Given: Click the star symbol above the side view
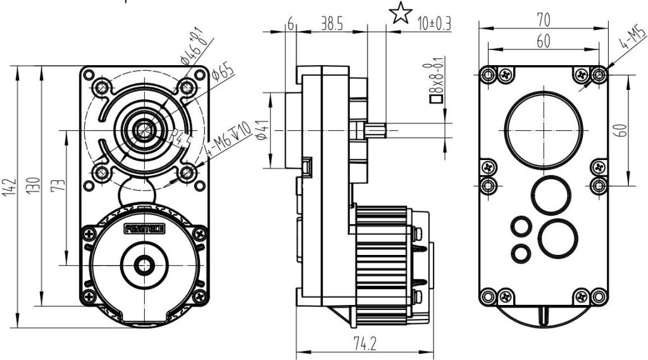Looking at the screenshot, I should coord(399,13).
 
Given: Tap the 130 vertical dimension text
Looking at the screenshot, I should coord(32,187).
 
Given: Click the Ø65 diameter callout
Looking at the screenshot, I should coord(223,72).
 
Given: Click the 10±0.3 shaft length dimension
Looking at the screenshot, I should coord(434,24).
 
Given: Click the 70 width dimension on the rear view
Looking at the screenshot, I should coord(543,18).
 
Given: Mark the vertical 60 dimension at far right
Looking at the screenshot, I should coord(623,130).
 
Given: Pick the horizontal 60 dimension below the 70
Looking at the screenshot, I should coord(543,40).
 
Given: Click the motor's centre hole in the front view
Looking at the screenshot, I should coord(145,264).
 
